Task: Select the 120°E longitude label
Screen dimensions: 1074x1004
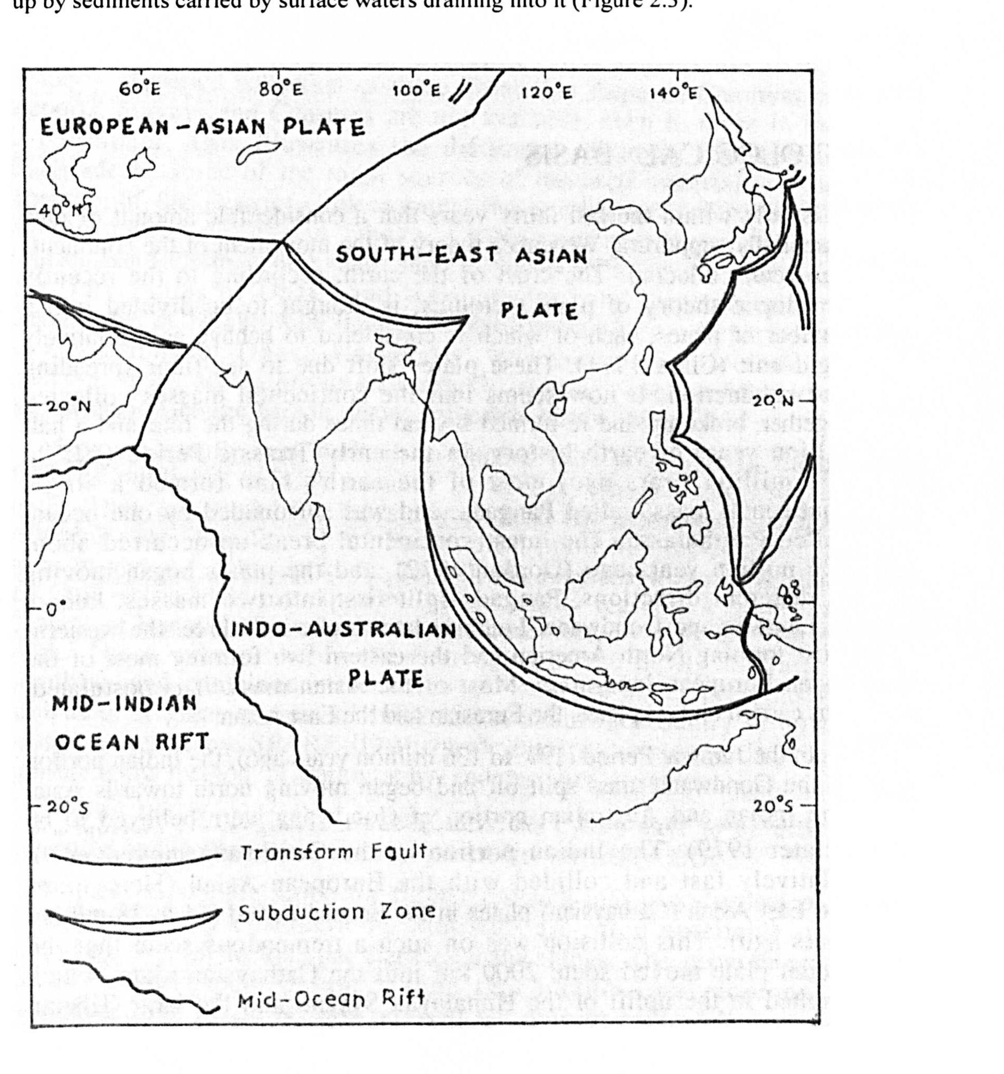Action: point(547,93)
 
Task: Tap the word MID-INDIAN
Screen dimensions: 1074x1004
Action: point(124,703)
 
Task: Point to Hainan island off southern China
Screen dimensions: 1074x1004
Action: point(561,405)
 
